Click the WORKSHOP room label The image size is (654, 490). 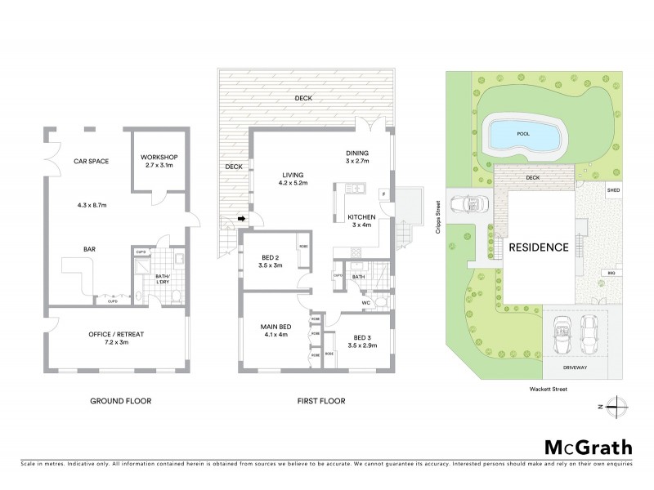click(x=159, y=157)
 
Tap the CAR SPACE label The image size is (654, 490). click(x=92, y=161)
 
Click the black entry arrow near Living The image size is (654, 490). click(x=241, y=219)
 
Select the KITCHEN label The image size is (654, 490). click(x=361, y=216)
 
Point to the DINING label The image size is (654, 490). click(x=357, y=153)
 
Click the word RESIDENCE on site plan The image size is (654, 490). click(x=539, y=247)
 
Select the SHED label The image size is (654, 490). click(x=612, y=189)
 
